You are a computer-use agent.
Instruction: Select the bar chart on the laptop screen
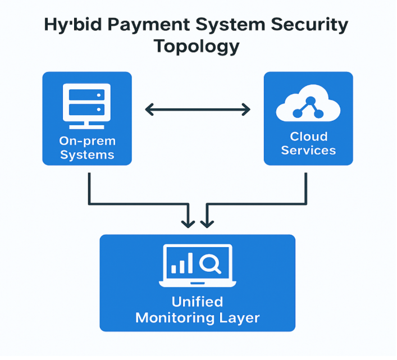(184, 263)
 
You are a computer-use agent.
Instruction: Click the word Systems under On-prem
(87, 154)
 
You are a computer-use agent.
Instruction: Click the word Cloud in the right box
(308, 136)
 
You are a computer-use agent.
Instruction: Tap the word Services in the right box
(308, 151)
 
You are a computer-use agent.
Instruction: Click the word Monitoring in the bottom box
(179, 318)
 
